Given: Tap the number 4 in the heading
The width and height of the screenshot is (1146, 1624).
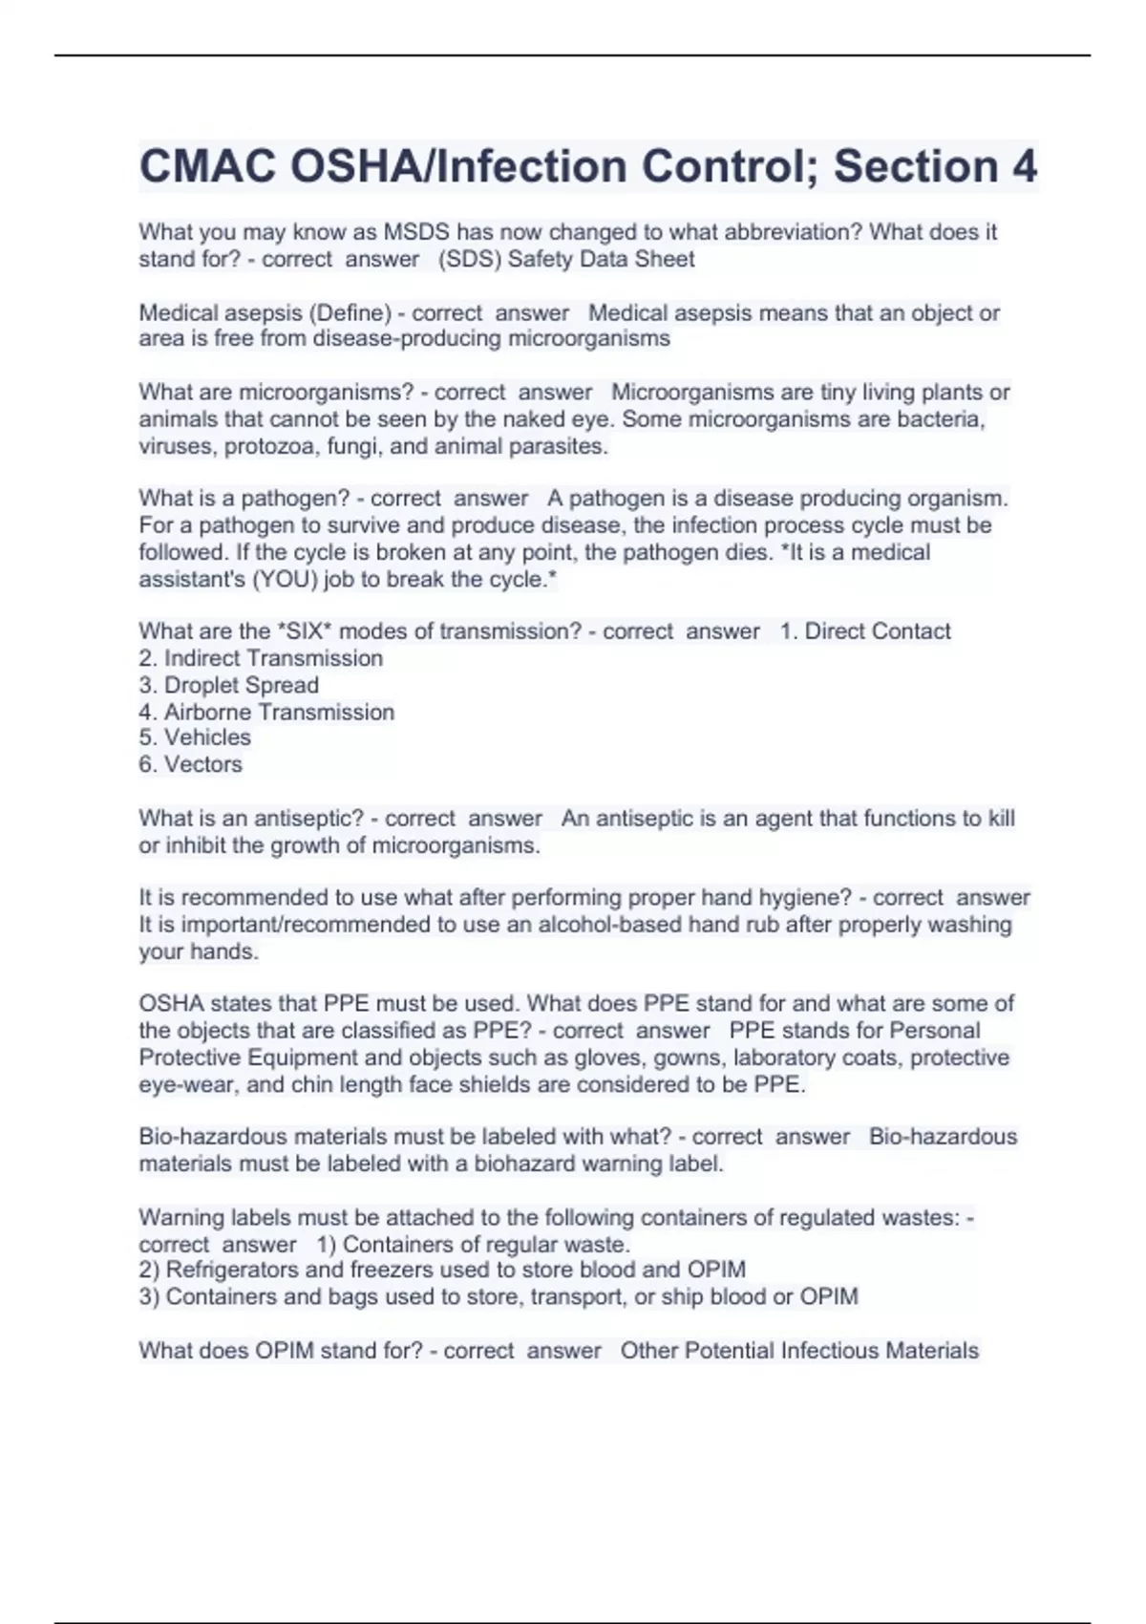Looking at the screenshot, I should [1023, 166].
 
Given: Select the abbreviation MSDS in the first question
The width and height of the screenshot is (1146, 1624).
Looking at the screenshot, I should [416, 232].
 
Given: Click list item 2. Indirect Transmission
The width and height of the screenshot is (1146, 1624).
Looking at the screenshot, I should [261, 658].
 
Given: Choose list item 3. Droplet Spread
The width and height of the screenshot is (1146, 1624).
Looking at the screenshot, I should [228, 685].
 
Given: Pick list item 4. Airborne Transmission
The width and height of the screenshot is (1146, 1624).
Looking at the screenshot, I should [266, 712].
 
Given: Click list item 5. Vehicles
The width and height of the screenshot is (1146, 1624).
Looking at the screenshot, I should [195, 737].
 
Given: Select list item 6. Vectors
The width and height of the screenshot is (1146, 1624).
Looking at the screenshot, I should [191, 764].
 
